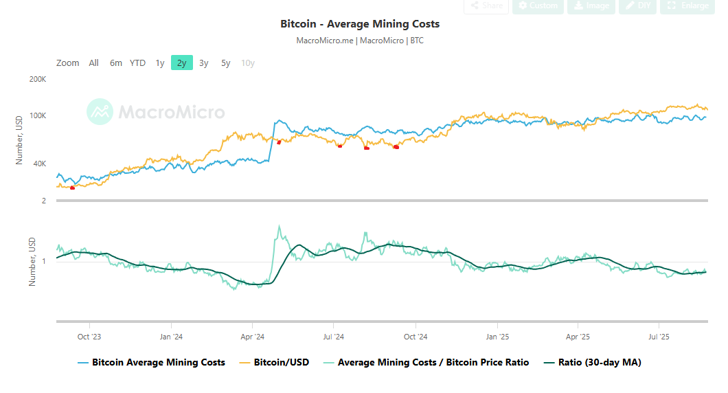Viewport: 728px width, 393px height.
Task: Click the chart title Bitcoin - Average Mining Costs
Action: click(360, 24)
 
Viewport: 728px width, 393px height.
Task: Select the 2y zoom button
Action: click(181, 63)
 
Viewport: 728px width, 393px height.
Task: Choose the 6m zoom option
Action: click(116, 63)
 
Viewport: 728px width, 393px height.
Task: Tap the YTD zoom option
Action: click(137, 63)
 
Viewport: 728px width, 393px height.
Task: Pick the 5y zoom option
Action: click(225, 63)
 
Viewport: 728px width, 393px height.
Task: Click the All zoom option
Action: click(93, 63)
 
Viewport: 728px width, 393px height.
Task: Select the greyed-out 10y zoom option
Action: click(248, 63)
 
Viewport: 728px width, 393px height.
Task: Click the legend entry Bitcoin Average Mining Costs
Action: click(158, 362)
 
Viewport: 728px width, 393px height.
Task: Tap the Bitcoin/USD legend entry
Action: click(281, 362)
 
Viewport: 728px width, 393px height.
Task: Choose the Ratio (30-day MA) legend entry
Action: click(599, 362)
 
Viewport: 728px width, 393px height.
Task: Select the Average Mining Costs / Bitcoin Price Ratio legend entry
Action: click(433, 362)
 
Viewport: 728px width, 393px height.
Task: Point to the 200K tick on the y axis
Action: click(38, 80)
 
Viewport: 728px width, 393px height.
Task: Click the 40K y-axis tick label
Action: click(38, 164)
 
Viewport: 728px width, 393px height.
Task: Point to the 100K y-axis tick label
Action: click(38, 115)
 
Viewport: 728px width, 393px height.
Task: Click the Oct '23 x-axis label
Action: click(89, 337)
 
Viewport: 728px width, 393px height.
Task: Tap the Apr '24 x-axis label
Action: click(252, 337)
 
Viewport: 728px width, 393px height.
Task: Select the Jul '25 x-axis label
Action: click(659, 337)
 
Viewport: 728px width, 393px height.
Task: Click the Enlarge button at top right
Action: click(689, 5)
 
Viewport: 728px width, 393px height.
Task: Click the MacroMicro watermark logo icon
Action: click(100, 111)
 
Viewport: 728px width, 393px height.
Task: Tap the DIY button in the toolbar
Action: click(637, 5)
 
